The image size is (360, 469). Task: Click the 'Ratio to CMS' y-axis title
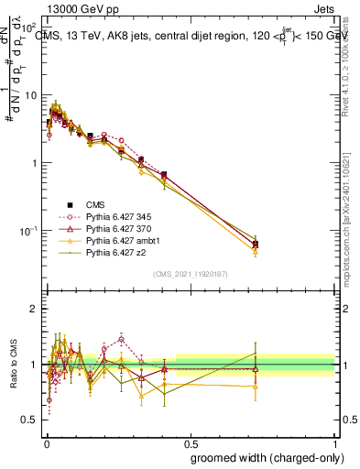point(12,365)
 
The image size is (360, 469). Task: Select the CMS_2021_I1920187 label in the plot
point(190,274)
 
